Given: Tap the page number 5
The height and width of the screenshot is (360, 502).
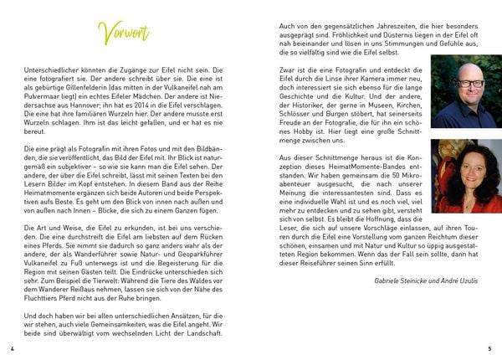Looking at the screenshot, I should (489, 347).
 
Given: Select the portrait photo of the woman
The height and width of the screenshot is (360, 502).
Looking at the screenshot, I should (461, 177).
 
